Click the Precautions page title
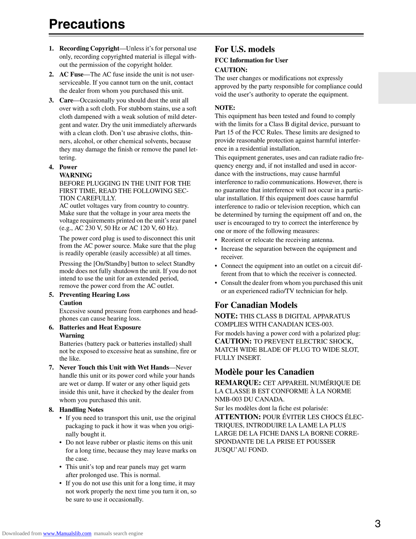[87, 24]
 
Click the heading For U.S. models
[245, 49]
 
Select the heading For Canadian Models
[256, 305]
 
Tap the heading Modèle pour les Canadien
[264, 372]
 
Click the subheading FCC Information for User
[251, 60]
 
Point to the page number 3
[378, 523]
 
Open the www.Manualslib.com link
[67, 534]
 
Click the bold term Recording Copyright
[89, 48]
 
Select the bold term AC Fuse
[71, 74]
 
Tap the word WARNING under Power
[75, 175]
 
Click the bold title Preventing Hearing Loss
[94, 295]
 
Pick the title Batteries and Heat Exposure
[100, 327]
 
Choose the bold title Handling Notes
[81, 410]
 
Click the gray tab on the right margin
[397, 88]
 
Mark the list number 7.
[51, 367]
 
